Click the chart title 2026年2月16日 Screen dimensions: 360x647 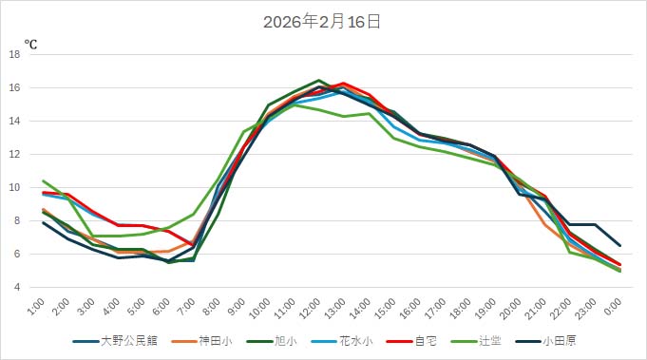tap(322, 22)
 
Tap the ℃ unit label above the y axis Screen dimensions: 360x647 tap(30, 45)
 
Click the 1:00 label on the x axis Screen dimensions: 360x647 tap(37, 307)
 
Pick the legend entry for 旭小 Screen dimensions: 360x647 tap(276, 340)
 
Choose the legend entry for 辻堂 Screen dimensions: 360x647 tap(483, 340)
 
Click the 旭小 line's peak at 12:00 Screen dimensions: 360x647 tap(319, 81)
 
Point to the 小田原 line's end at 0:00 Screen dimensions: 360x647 tap(619, 245)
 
